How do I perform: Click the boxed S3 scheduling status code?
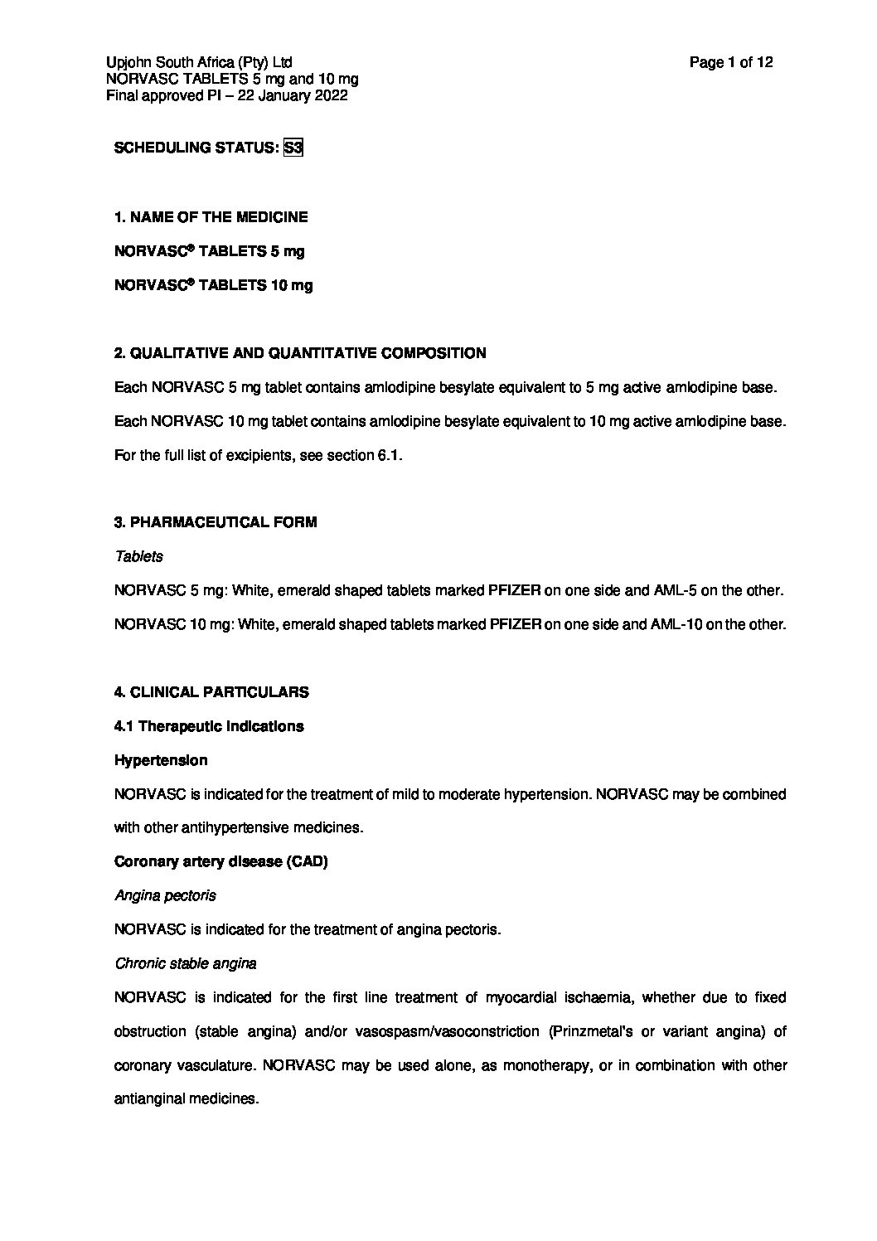(x=293, y=148)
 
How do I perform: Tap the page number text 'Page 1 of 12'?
(x=731, y=62)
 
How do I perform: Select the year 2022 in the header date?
(x=331, y=95)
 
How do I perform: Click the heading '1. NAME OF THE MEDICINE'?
(x=211, y=217)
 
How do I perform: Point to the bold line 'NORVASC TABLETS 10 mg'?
(x=213, y=285)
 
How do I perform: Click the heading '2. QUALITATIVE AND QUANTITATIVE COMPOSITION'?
(x=299, y=353)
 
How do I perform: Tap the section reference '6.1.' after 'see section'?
(x=390, y=455)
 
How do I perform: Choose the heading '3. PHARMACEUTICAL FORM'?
(x=215, y=522)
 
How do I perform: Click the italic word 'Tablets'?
(x=138, y=556)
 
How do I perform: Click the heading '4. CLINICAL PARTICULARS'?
(x=211, y=692)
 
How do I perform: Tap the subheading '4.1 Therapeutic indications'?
(x=208, y=726)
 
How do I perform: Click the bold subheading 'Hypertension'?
(x=160, y=760)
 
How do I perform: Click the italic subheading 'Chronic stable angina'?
(x=185, y=963)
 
